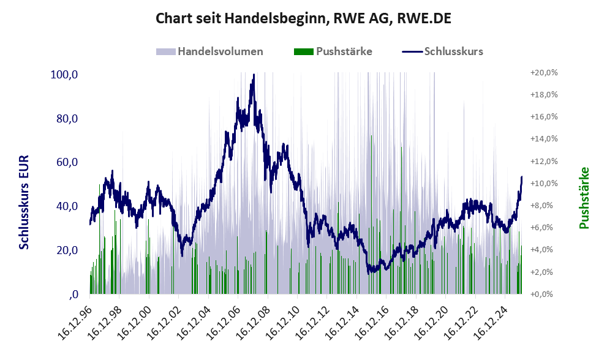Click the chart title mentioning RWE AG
coord(303,18)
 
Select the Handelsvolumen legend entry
coord(220,51)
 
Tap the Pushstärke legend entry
coord(344,51)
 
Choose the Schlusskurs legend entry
coord(453,51)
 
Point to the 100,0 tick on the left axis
coord(64,75)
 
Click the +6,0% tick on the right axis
coord(545,228)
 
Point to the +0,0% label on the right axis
coord(545,294)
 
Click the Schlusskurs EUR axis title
coord(25,202)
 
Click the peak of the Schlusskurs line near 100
coord(253,76)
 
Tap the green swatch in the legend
coord(303,51)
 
